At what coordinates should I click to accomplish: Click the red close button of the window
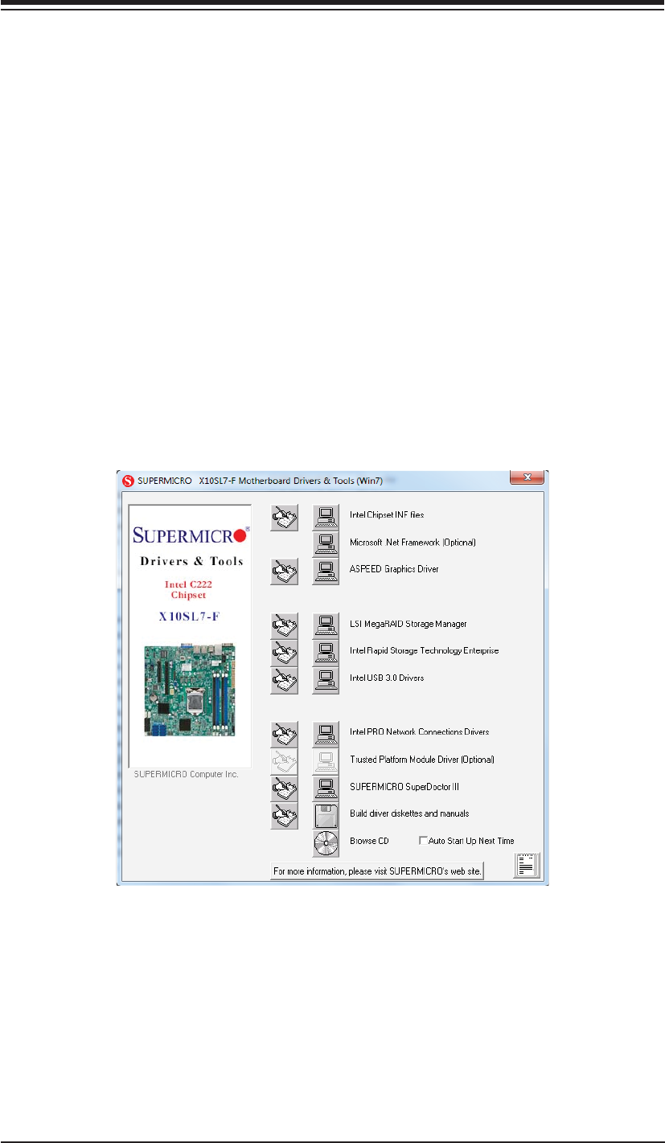(527, 478)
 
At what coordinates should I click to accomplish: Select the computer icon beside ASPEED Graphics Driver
(325, 571)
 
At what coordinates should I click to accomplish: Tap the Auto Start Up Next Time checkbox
(423, 841)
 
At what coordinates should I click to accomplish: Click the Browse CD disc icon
(325, 842)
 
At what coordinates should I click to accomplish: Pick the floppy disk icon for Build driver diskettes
(325, 814)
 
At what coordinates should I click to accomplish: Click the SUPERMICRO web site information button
(376, 871)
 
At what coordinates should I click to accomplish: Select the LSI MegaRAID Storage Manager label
(408, 624)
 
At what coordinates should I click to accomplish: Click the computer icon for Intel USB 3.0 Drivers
(325, 679)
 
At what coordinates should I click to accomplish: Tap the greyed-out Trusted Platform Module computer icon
(325, 760)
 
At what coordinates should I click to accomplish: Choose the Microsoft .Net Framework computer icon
(325, 543)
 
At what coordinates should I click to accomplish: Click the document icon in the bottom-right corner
(527, 866)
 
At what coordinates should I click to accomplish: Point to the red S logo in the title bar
(125, 481)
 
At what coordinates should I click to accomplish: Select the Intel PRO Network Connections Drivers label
(419, 732)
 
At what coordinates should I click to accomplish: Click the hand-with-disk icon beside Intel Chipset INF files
(285, 516)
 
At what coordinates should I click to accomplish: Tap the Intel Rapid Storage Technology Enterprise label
(424, 651)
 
